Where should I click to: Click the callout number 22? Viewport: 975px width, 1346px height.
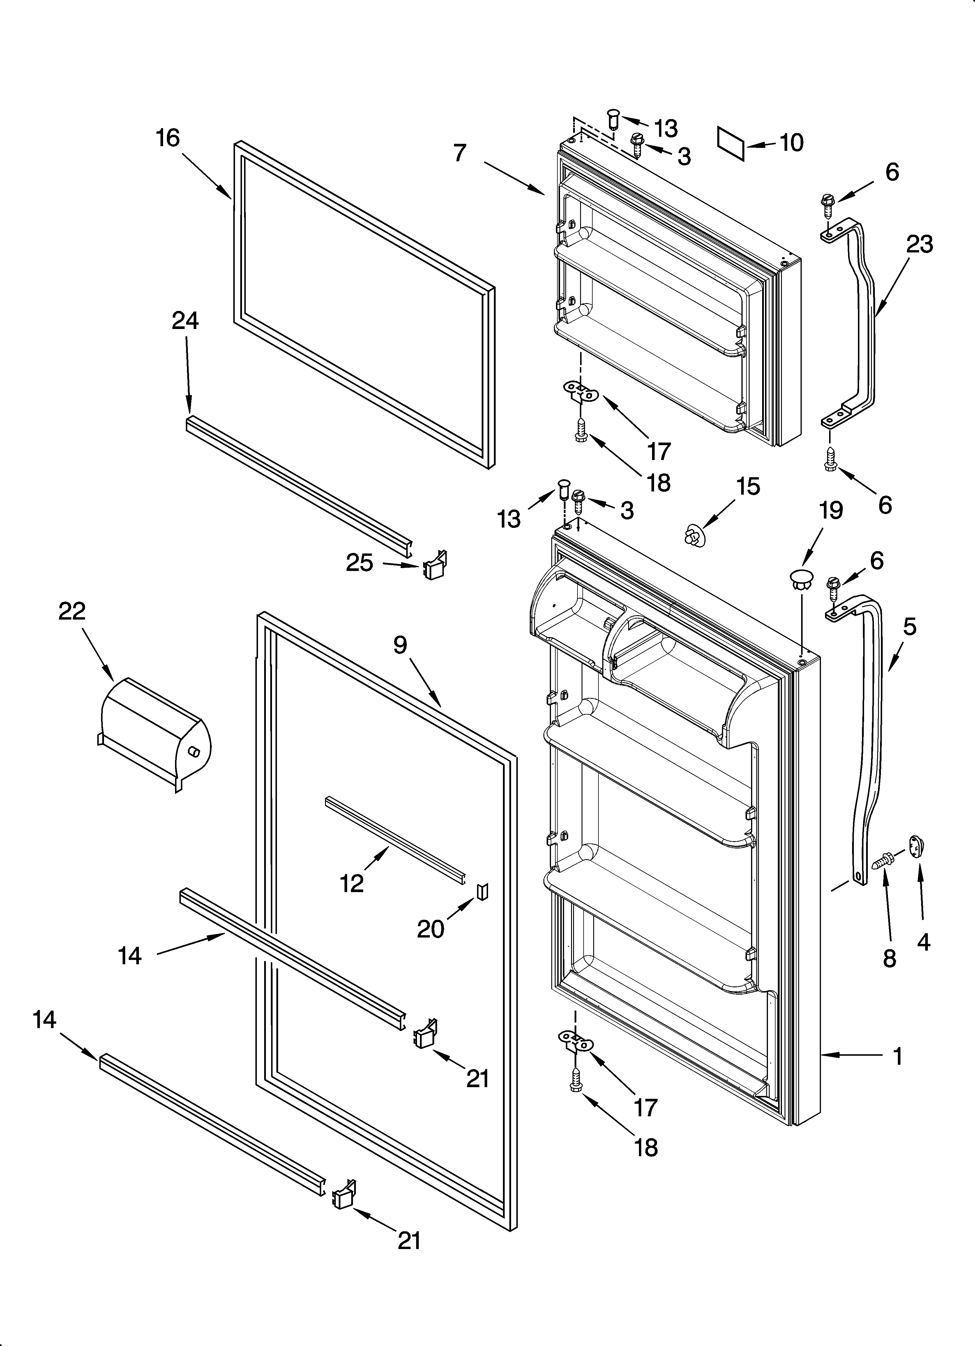72,611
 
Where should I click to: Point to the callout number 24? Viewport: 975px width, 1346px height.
185,321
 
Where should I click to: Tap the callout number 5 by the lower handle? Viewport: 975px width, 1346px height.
910,627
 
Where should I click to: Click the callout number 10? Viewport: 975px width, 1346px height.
791,142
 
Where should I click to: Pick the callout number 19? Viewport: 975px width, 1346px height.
830,510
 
